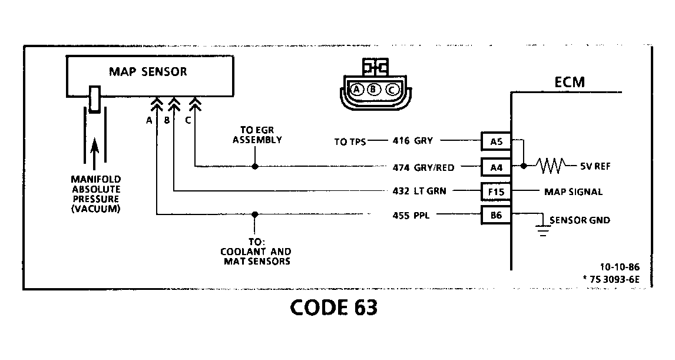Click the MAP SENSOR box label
click(x=148, y=72)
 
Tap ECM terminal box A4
click(x=496, y=167)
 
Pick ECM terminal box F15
click(x=496, y=191)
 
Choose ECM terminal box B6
click(x=496, y=215)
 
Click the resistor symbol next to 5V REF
click(x=550, y=167)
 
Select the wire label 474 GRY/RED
click(x=423, y=167)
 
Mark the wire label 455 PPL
click(x=411, y=215)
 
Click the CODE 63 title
click(x=333, y=308)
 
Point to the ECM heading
click(x=570, y=82)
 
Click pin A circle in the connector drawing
click(x=356, y=90)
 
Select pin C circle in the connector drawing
click(x=392, y=90)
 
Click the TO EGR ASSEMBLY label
click(x=257, y=136)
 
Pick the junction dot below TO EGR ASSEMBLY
click(x=254, y=167)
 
